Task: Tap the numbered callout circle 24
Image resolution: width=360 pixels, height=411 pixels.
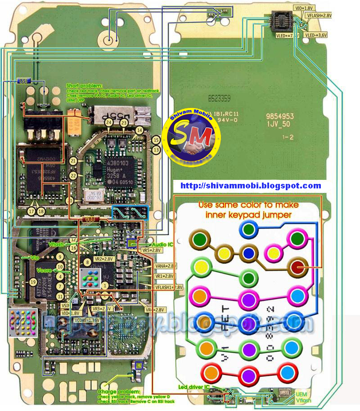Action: point(108,122)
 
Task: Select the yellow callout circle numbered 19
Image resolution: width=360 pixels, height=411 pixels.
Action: point(33,282)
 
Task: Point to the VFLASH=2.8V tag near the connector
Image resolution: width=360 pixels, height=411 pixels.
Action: point(319,15)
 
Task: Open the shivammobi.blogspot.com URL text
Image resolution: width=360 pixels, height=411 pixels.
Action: point(251,186)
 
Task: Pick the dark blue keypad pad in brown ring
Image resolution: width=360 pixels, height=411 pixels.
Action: point(248,253)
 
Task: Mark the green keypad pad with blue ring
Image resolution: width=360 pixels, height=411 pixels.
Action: point(248,230)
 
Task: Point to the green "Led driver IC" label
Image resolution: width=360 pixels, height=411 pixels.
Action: point(194,387)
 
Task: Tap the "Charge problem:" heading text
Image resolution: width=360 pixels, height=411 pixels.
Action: point(116,392)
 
